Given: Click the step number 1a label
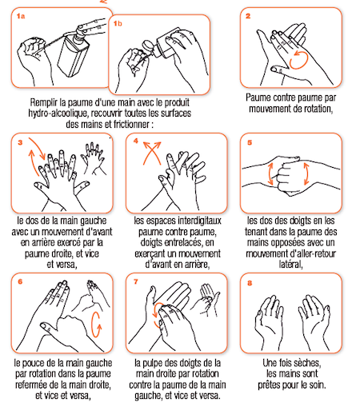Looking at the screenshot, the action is pos(21,16).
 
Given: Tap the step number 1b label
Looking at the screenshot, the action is pos(118,24).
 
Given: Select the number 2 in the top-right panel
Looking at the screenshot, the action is pos(248,16).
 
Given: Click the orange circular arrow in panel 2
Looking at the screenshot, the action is pos(299,60).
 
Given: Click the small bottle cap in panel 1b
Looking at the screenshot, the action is pos(147,46).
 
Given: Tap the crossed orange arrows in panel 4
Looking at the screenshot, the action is pos(152,153).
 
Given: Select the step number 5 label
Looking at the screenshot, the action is pos(250,142).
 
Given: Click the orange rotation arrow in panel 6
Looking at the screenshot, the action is pos(96,324).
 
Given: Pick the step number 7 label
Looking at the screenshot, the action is pos(136,282).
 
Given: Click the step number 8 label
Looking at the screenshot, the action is pos(250,283).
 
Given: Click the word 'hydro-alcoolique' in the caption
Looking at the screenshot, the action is pos(58,113).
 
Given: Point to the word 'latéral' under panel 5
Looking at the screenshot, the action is pos(290,265).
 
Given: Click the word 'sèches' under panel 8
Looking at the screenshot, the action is pos(309,363).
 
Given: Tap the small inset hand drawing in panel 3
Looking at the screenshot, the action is pos(94,159).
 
